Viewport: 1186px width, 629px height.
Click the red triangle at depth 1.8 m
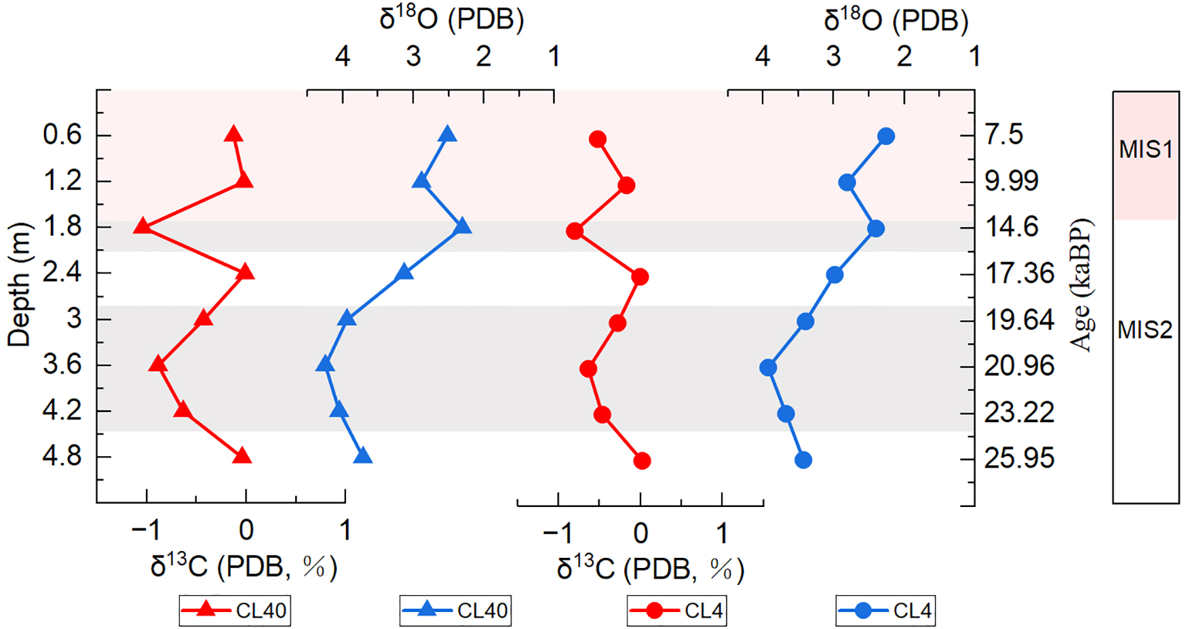[142, 226]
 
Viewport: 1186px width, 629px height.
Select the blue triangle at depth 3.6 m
[325, 365]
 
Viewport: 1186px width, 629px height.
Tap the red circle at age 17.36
[639, 277]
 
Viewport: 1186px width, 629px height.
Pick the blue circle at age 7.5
[885, 137]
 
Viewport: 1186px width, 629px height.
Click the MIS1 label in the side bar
[1145, 149]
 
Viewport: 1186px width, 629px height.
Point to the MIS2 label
[1145, 330]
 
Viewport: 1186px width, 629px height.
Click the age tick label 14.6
[1012, 226]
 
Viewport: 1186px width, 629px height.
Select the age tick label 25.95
[1019, 458]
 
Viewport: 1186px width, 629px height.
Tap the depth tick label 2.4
[62, 273]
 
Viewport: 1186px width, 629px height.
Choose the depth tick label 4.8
[62, 457]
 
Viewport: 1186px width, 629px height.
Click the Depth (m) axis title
[20, 285]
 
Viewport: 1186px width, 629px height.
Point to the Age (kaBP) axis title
[1082, 285]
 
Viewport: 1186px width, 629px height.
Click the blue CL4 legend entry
[885, 611]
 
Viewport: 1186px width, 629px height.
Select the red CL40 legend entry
[235, 611]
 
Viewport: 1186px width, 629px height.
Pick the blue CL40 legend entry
[455, 611]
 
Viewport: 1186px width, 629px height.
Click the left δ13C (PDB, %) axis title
[244, 566]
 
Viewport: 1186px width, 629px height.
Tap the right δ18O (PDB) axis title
[896, 20]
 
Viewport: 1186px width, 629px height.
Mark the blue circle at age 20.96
[768, 368]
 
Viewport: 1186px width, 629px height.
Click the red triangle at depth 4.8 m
[242, 457]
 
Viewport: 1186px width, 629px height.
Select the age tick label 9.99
[1012, 181]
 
